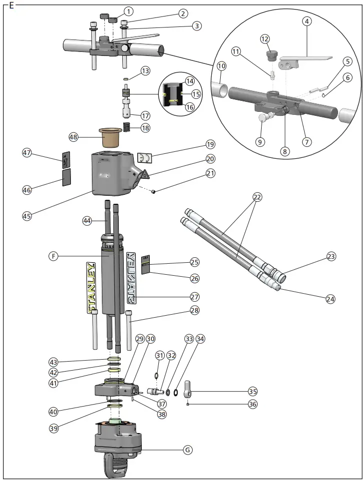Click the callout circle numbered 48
(73, 137)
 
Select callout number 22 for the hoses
(257, 198)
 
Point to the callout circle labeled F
(53, 256)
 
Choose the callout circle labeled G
(188, 450)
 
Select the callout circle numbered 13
(145, 71)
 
